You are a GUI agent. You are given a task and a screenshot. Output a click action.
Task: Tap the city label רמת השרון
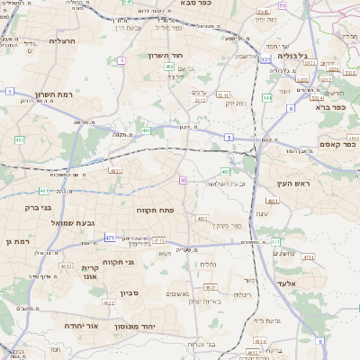coord(40,94)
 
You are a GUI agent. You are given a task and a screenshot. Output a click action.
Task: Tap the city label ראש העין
coord(293,184)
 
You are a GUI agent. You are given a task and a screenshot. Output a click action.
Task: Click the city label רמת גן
coord(16,241)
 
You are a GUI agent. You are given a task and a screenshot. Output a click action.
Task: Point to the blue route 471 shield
coord(110,238)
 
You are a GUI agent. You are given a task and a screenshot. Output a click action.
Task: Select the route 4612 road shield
coord(65,266)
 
